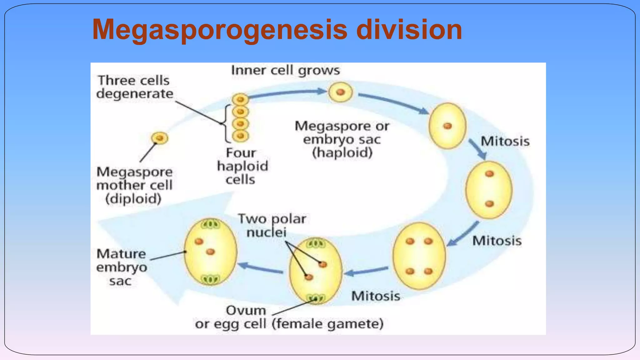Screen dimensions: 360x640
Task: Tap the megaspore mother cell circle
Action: point(160,138)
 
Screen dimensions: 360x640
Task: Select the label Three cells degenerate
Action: point(134,87)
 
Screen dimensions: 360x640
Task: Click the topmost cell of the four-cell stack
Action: point(240,100)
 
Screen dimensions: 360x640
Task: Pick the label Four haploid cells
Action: point(242,166)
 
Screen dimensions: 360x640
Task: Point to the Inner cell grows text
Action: point(285,70)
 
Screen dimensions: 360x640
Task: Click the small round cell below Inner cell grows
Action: point(340,92)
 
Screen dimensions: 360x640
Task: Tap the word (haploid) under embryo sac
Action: point(342,153)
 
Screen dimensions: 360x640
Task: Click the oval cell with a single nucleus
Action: point(447,126)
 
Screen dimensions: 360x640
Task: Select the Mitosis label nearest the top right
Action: point(505,141)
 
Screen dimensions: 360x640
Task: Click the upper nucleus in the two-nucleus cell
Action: point(489,174)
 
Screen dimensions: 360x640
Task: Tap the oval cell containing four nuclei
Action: point(419,256)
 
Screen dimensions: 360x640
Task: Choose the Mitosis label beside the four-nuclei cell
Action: point(497,241)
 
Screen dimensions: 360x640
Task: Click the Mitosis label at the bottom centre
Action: point(375,296)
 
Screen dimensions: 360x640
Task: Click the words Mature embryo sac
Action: point(121,267)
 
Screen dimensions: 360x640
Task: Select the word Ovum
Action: point(246,310)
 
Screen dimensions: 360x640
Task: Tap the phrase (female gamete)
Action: point(327,324)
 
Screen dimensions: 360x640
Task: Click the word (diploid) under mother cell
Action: point(133,199)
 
